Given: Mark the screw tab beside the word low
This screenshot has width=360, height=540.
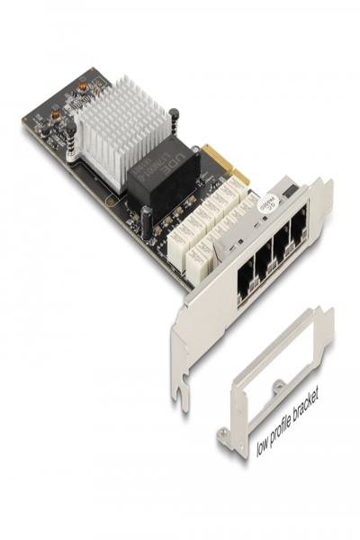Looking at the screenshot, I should click(x=225, y=440).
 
